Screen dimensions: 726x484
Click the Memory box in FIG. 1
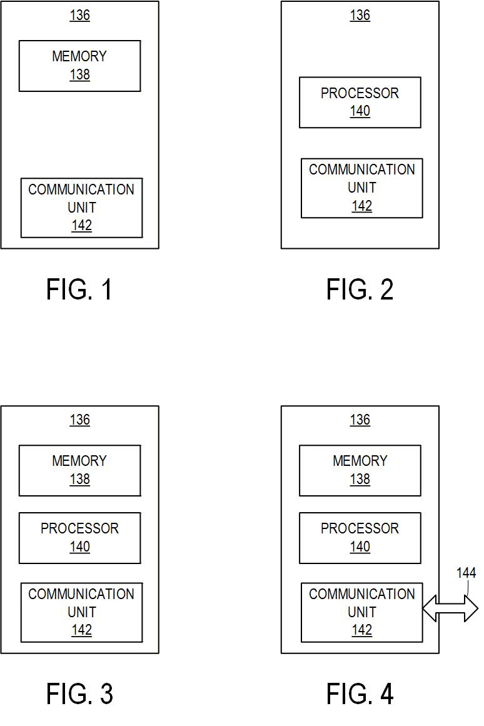[x=79, y=66]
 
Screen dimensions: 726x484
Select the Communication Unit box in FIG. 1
[x=81, y=208]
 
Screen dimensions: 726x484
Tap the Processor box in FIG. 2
[x=360, y=102]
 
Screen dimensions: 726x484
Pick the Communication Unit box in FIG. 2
[x=361, y=188]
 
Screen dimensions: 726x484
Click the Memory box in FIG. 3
[x=79, y=470]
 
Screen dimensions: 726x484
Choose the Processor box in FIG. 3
[x=79, y=538]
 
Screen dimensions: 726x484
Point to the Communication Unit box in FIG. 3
[x=81, y=612]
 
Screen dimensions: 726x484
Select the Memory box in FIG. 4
[x=360, y=470]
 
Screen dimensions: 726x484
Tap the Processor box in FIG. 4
[x=360, y=538]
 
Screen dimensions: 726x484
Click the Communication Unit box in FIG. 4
[x=361, y=612]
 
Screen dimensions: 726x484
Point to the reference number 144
[x=466, y=573]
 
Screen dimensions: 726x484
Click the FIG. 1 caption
[x=79, y=290]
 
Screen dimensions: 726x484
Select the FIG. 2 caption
[x=360, y=290]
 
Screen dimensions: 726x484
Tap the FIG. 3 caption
[x=79, y=693]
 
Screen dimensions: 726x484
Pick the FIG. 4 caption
[x=360, y=693]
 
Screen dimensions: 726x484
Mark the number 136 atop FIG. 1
[x=79, y=15]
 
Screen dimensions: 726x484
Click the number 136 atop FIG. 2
[x=360, y=15]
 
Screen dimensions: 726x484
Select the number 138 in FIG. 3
[x=79, y=480]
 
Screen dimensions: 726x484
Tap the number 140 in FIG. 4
[x=360, y=547]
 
